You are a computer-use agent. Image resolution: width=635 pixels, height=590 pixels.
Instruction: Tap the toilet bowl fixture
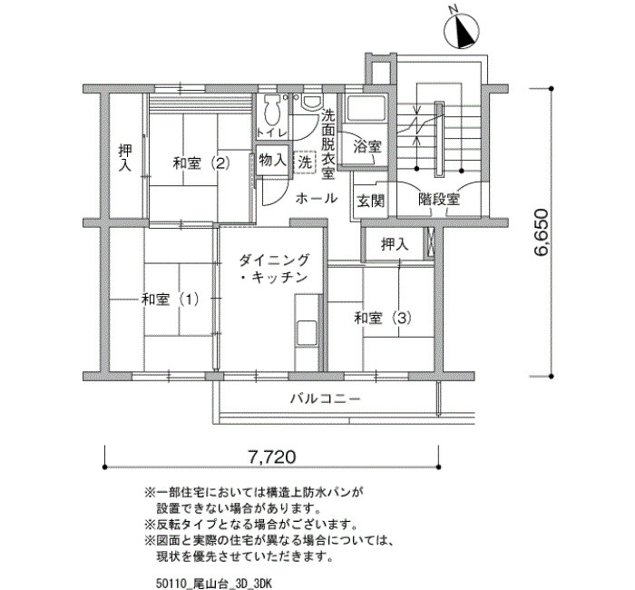[271, 110]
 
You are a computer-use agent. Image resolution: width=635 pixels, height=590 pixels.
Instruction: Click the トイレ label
[272, 133]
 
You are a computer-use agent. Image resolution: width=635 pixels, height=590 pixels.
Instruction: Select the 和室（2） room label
[201, 163]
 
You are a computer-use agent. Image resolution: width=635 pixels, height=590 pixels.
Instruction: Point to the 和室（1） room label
[171, 300]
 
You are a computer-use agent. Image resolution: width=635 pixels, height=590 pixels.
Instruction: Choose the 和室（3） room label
[383, 318]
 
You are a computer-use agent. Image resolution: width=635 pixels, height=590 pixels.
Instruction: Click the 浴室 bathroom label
[367, 146]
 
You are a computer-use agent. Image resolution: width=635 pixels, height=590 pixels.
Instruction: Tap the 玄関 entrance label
[370, 201]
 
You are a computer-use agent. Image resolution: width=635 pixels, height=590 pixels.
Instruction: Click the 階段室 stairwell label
[439, 199]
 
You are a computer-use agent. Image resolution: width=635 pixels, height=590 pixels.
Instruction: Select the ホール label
[317, 198]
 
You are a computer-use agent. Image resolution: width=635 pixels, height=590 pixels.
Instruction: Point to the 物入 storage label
[272, 161]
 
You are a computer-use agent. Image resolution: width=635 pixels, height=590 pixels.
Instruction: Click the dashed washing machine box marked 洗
[305, 162]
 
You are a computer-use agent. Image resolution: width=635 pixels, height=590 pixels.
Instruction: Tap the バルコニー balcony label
[326, 398]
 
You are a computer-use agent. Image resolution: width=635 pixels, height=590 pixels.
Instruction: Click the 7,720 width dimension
[272, 457]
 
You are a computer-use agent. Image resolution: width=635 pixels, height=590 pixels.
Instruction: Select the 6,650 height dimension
[541, 231]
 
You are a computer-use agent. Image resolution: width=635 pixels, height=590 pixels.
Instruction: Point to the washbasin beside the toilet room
[312, 102]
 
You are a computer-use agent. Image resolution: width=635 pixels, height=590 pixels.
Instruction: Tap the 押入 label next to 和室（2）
[125, 158]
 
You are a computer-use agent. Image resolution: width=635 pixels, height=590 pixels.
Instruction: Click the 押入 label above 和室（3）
[395, 244]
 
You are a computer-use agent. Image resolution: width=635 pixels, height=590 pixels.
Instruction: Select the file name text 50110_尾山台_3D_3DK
[214, 584]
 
